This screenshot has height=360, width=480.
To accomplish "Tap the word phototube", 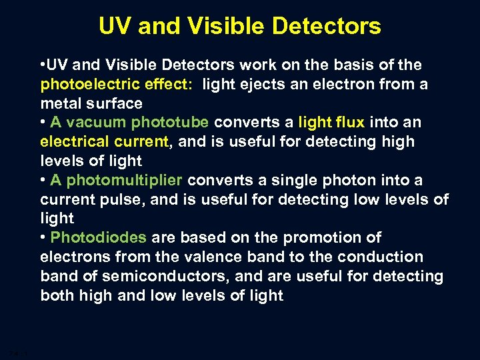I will (171, 123).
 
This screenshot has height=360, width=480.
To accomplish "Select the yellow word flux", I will (349, 123).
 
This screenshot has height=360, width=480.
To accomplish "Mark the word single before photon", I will (301, 180).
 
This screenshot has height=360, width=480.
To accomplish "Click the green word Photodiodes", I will (99, 237).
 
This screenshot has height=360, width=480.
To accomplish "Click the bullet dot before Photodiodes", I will (44, 238).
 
